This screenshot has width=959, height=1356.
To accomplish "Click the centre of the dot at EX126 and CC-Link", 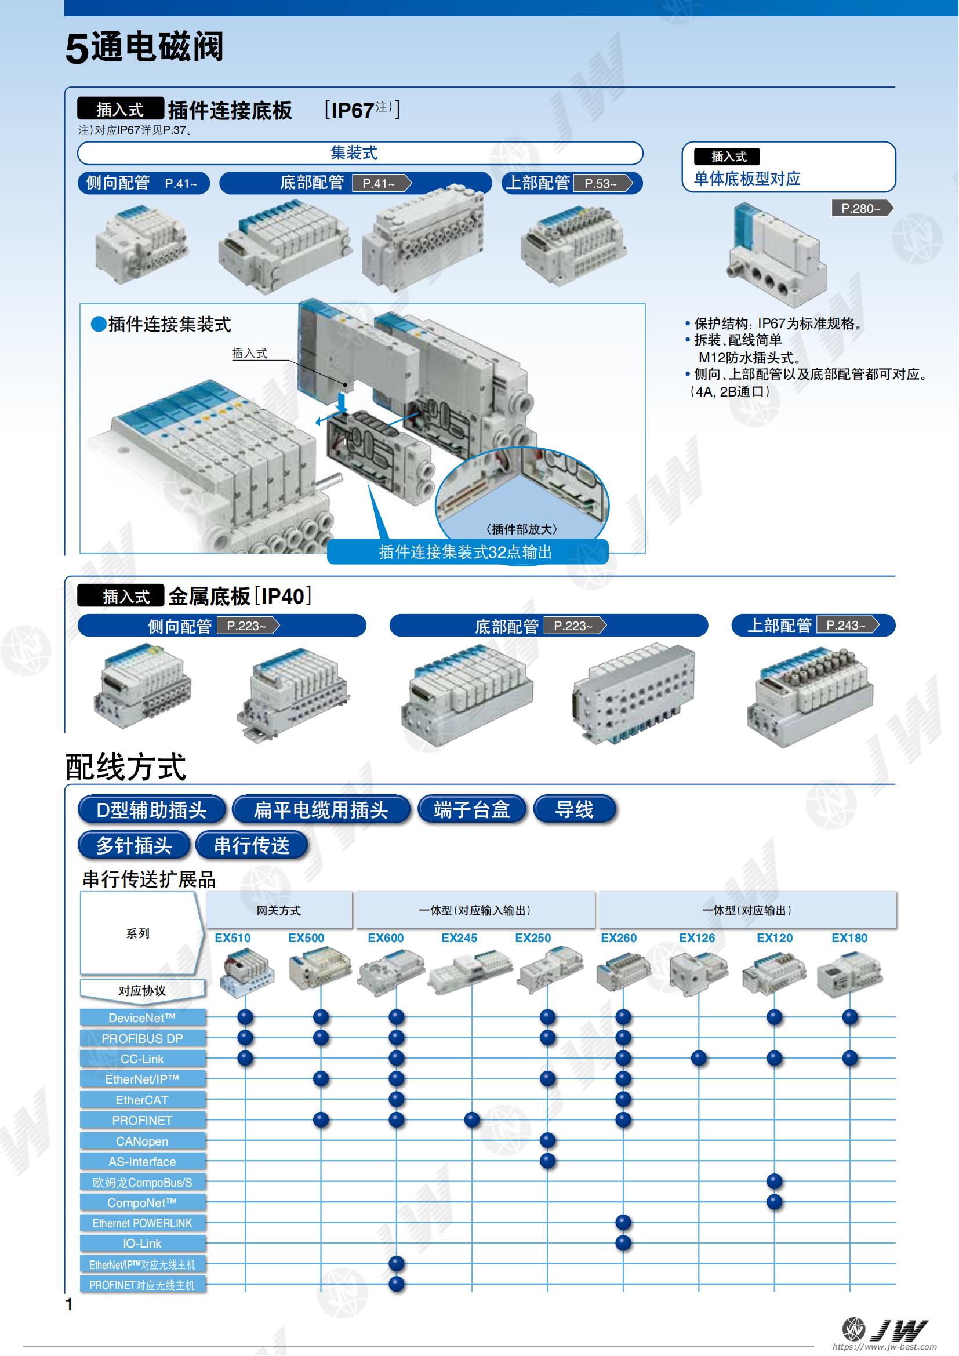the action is (x=699, y=1058).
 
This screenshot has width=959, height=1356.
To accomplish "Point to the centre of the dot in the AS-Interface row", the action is (x=547, y=1161).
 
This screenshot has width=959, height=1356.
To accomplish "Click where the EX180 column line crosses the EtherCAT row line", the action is (x=850, y=1099).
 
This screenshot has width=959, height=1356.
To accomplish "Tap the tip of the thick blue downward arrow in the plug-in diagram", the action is (x=342, y=412).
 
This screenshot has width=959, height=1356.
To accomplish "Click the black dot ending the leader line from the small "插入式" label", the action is (x=346, y=384).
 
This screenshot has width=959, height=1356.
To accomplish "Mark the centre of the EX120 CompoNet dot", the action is (x=774, y=1201).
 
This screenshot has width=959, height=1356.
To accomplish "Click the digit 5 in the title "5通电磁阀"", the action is (x=77, y=50).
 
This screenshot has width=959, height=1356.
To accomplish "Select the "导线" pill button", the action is (x=574, y=809).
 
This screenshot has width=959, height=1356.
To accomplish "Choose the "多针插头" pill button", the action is (x=134, y=845).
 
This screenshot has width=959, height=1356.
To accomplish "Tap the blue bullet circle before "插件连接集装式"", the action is (x=99, y=323).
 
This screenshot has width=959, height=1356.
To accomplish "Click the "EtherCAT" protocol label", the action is (x=142, y=1100).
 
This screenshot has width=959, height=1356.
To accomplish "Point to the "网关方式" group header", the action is (x=279, y=910).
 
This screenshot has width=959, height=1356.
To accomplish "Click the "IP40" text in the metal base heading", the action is (x=283, y=596).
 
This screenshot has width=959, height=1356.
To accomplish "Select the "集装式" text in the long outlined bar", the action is (x=354, y=153).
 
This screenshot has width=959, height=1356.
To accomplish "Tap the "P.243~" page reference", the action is (x=847, y=626).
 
